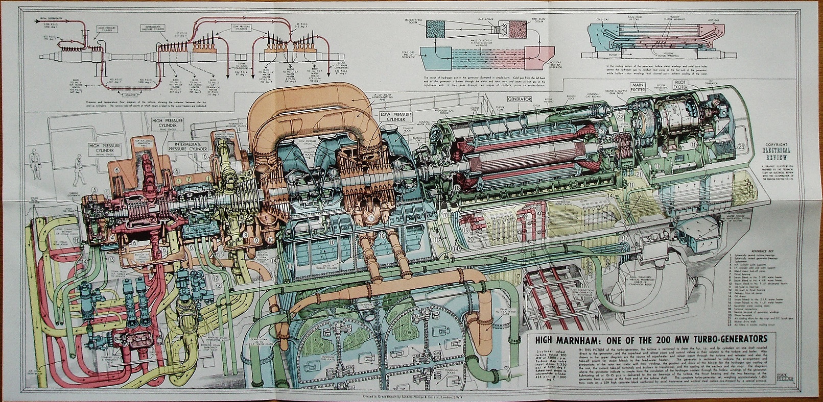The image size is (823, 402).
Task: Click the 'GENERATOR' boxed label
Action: [519, 99]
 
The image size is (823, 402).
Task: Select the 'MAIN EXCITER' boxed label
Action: [637, 87]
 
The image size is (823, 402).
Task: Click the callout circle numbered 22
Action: [619, 117]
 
